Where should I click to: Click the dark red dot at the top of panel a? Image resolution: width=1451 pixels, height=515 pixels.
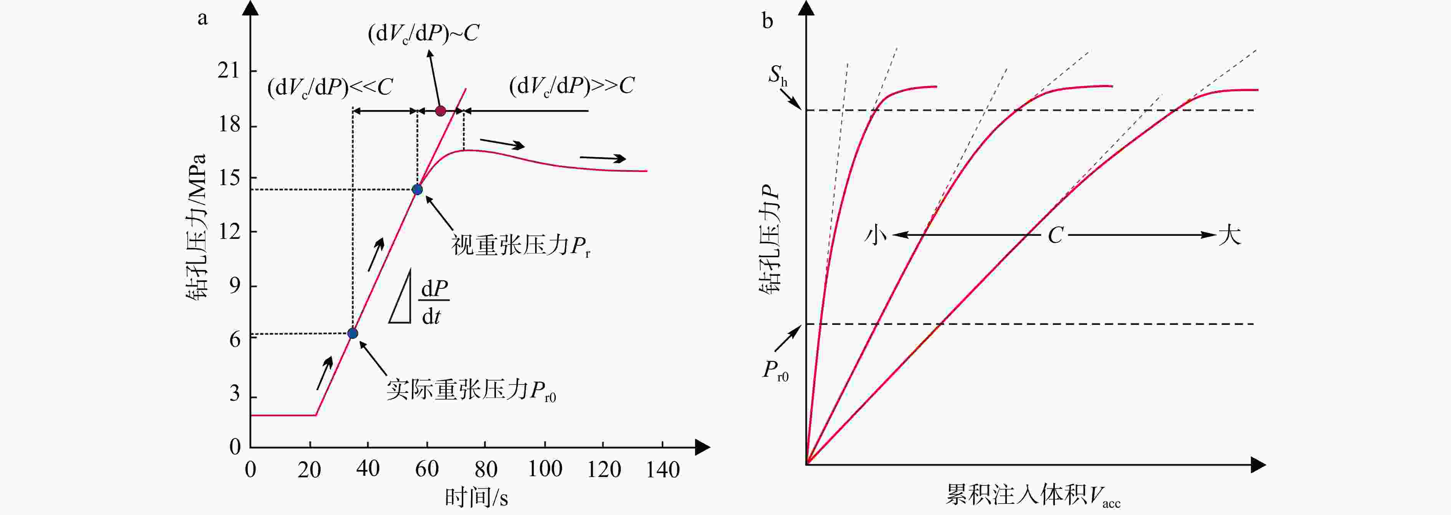click(441, 111)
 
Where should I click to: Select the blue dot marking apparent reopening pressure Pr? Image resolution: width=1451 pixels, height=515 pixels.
click(417, 189)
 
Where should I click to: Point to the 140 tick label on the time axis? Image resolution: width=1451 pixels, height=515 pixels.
click(663, 469)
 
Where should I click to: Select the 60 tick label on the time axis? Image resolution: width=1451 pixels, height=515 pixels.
click(426, 469)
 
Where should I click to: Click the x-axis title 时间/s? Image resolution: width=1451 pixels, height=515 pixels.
click(476, 498)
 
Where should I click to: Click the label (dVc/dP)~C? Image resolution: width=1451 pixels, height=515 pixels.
click(423, 34)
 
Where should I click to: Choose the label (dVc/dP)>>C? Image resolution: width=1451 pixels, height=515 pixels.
click(571, 86)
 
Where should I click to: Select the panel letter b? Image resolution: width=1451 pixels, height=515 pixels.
click(767, 22)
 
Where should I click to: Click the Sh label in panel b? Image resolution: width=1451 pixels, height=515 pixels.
click(778, 75)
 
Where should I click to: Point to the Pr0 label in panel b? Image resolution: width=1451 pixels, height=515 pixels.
click(775, 371)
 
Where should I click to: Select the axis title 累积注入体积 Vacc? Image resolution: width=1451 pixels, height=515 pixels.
click(1033, 496)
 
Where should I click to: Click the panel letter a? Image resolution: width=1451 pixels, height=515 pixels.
click(202, 18)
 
